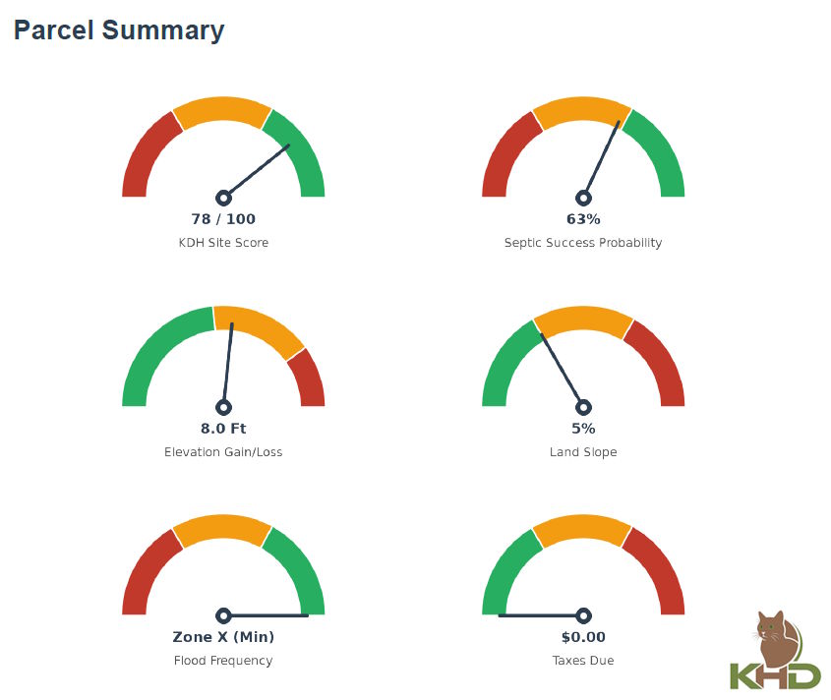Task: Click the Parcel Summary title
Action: [x=119, y=30]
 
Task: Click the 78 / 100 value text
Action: [x=223, y=219]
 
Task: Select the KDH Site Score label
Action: [x=223, y=243]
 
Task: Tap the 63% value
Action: [x=583, y=219]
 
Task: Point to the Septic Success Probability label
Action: [x=583, y=243]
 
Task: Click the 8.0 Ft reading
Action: [x=223, y=429]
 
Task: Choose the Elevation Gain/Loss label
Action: [x=223, y=452]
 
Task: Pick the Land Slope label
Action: [x=583, y=452]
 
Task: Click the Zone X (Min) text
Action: [x=223, y=636]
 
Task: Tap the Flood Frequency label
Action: [x=223, y=661]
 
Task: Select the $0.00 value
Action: [x=583, y=636]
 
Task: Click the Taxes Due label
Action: [x=583, y=661]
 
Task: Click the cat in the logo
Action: [x=776, y=637]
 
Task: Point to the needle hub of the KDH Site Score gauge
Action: [x=223, y=199]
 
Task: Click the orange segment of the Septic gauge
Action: [x=582, y=110]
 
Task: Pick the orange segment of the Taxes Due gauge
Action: [x=582, y=528]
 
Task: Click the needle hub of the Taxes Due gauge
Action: [x=583, y=615]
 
